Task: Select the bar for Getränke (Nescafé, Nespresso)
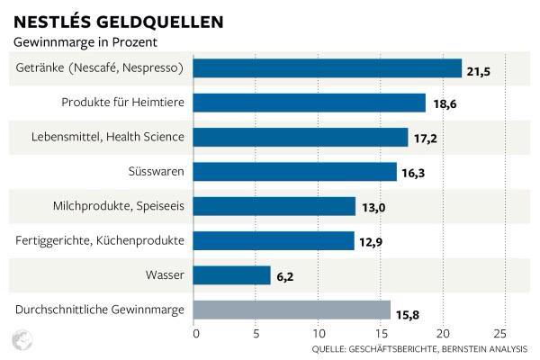click(x=328, y=68)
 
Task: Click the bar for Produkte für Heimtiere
click(x=310, y=103)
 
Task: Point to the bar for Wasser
click(x=232, y=275)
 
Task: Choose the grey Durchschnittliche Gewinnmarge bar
click(x=292, y=310)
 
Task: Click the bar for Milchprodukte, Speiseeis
click(x=274, y=206)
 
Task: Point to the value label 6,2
click(x=284, y=275)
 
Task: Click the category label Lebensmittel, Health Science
click(x=106, y=137)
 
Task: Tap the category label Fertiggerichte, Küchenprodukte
click(x=101, y=240)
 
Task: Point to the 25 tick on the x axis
click(x=500, y=333)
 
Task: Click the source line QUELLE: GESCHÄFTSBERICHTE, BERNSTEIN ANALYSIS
click(x=419, y=348)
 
